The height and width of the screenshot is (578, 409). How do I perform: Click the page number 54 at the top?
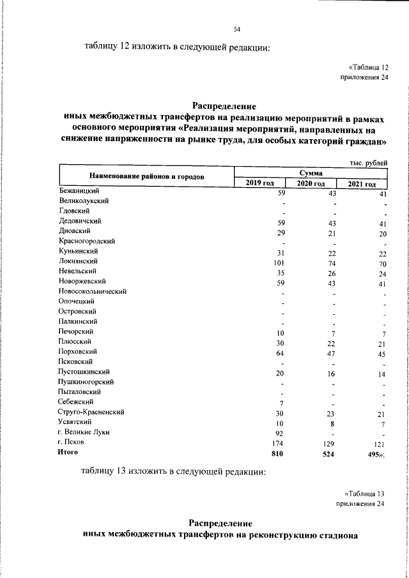236,29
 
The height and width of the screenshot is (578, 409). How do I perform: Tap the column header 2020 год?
311,184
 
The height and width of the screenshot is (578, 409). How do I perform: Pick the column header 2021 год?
362,185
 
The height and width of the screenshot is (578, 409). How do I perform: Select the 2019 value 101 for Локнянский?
278,262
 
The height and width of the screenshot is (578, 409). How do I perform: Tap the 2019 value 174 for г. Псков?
278,442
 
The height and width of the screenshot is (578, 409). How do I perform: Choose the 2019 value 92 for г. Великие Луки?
279,432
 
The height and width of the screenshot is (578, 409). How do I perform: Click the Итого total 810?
277,453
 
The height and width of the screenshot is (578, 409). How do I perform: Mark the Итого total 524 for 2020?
328,453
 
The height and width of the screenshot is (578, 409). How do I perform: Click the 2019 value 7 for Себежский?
281,402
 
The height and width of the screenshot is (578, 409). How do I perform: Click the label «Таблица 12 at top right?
369,67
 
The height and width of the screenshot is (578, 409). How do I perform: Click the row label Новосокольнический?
92,291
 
